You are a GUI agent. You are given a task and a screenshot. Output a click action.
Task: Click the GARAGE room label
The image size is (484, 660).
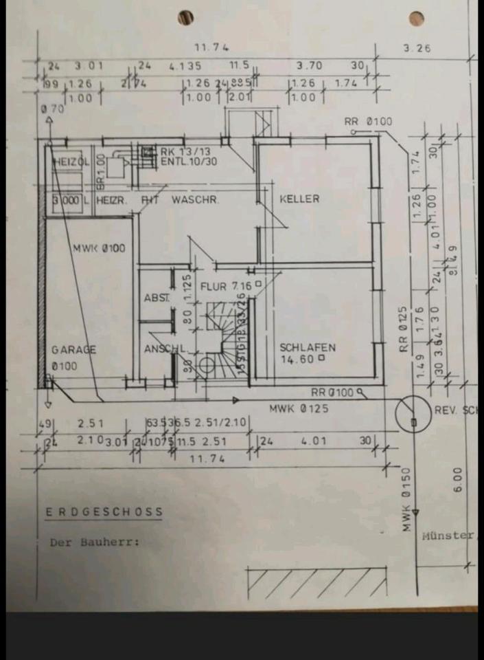[73, 349]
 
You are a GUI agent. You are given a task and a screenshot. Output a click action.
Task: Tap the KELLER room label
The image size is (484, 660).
[299, 199]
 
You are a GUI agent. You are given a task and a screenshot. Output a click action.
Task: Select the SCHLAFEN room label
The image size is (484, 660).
[306, 348]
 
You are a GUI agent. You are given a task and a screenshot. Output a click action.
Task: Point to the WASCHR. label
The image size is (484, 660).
[195, 199]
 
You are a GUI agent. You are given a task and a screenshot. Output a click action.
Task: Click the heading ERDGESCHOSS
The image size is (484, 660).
[104, 511]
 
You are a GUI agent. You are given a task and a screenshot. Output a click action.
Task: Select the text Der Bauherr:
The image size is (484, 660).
[94, 542]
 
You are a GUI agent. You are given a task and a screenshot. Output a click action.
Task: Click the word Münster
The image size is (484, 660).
[448, 534]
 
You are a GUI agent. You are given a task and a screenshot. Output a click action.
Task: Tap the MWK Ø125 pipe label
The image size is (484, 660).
[299, 408]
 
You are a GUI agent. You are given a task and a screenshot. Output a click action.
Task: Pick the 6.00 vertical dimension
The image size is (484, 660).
[458, 480]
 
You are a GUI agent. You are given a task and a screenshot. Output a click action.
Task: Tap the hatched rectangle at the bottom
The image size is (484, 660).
[316, 583]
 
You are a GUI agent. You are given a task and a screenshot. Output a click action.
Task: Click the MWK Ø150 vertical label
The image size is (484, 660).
[406, 500]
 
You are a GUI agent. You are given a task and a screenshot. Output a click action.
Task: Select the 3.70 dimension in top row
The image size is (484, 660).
[309, 67]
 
